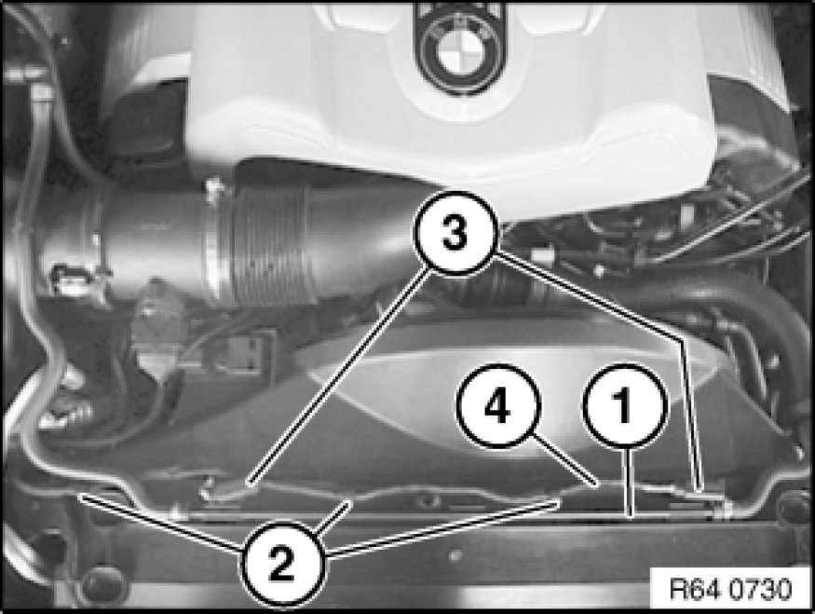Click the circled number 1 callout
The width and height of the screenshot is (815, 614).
(623, 405)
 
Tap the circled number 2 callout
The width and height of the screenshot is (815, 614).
(282, 565)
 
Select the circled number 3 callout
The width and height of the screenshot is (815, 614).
(455, 233)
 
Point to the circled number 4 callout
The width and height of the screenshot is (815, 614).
(498, 405)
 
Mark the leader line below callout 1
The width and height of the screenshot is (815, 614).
(630, 482)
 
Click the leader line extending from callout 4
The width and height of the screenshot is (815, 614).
(564, 458)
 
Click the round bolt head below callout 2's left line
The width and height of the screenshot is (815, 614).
(104, 582)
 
